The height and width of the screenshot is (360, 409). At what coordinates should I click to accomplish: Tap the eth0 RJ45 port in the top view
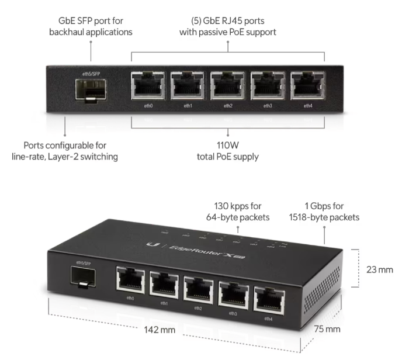click(x=148, y=85)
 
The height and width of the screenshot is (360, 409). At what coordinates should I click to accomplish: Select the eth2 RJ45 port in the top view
click(x=228, y=85)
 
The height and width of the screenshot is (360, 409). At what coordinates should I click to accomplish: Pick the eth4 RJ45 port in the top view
click(x=307, y=85)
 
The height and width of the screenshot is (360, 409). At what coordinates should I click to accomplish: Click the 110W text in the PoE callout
click(x=228, y=145)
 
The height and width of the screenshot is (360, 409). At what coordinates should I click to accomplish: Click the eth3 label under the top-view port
click(x=268, y=106)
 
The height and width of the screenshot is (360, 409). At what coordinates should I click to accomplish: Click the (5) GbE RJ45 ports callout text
click(x=228, y=19)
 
